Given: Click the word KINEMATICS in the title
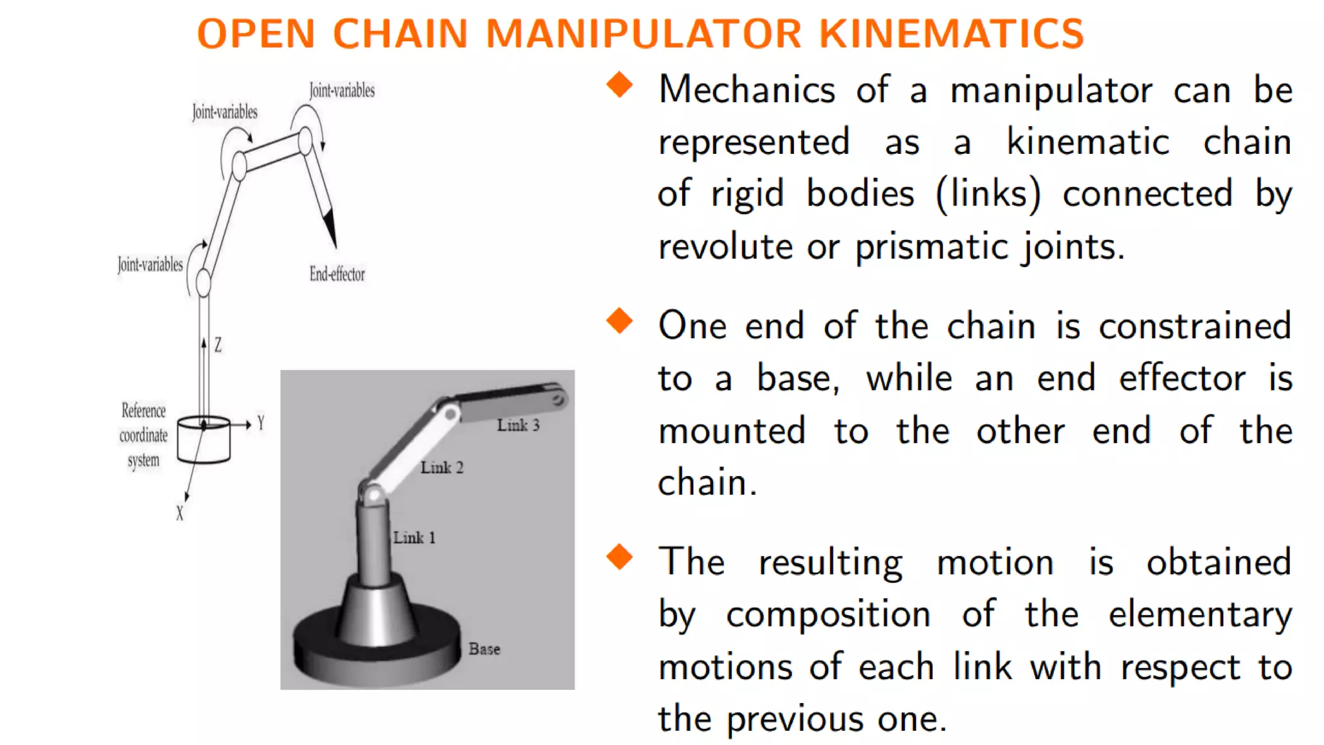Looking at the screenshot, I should pyautogui.click(x=951, y=34).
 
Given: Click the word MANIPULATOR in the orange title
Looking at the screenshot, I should pyautogui.click(x=644, y=34).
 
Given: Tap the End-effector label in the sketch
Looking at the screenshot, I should pyautogui.click(x=337, y=274).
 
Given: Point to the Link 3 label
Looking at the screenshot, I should pyautogui.click(x=518, y=426).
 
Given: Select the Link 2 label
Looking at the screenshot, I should pyautogui.click(x=442, y=468).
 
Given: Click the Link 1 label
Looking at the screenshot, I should pyautogui.click(x=414, y=537).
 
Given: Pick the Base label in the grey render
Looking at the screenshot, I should pyautogui.click(x=484, y=649).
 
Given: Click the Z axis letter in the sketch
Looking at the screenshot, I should pyautogui.click(x=218, y=345).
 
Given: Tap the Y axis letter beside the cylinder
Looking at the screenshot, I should pyautogui.click(x=261, y=424).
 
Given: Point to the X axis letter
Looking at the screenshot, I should pyautogui.click(x=180, y=513).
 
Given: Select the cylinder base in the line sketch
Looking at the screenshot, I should pyautogui.click(x=204, y=440).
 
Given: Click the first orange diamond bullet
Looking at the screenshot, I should pyautogui.click(x=619, y=85).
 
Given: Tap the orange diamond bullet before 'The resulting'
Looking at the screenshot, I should pyautogui.click(x=619, y=557).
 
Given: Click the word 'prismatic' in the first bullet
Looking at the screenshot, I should pyautogui.click(x=930, y=247).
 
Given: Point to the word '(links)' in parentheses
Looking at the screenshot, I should pyautogui.click(x=988, y=194).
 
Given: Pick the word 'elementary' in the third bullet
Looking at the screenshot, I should pyautogui.click(x=1200, y=614).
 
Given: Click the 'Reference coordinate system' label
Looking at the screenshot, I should pyautogui.click(x=144, y=435).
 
